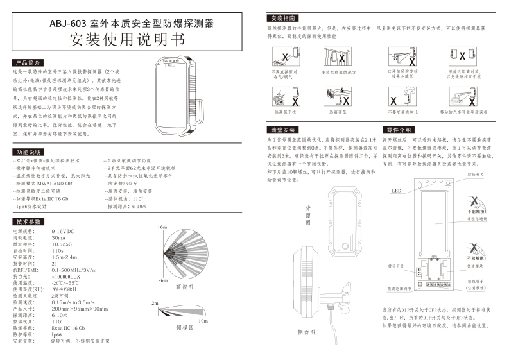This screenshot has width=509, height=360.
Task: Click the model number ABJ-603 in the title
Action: tap(70, 24)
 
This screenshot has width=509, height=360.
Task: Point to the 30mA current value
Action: tap(58, 237)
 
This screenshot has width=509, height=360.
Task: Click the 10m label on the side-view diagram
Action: tap(203, 320)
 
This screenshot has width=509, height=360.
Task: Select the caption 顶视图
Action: tap(184, 287)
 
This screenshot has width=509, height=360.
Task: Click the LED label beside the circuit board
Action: tap(395, 190)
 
